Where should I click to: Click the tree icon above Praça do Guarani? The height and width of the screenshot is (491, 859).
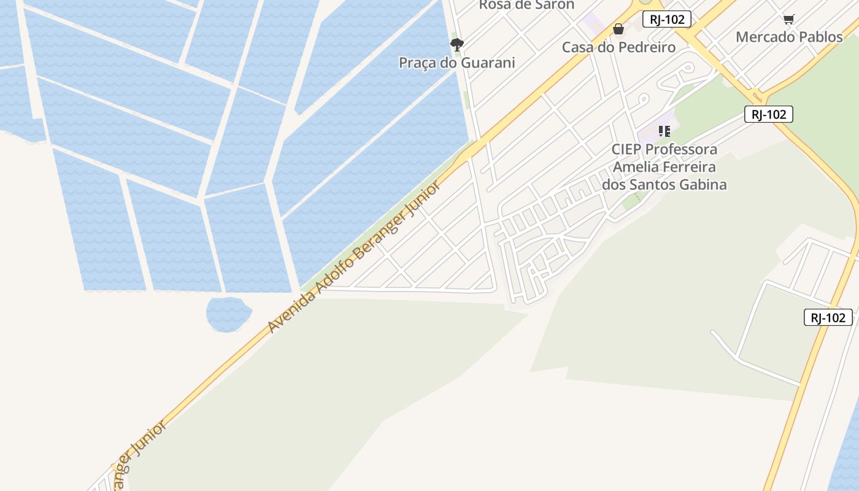point(456,44)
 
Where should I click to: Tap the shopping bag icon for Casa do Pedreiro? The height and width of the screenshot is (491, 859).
point(618,29)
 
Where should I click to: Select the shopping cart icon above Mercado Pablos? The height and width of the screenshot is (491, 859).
point(788,20)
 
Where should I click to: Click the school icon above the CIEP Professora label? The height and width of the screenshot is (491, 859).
point(664,131)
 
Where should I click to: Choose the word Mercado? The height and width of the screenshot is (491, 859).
point(760,37)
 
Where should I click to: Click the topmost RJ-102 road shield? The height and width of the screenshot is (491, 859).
point(666,19)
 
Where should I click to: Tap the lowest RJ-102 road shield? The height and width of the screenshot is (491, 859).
point(828,317)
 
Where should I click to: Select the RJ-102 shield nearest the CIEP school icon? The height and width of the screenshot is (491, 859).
point(768,114)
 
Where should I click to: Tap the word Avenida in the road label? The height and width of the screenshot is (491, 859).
point(291,311)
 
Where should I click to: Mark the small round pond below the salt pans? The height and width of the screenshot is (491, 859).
point(228,314)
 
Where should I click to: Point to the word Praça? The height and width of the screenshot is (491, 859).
point(417,63)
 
